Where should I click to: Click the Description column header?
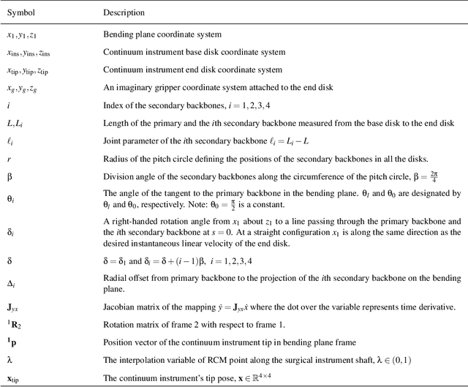coord(124,12)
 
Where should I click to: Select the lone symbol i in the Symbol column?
coord(9,105)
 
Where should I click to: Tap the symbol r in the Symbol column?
coord(9,158)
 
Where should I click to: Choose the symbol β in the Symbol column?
coord(10,176)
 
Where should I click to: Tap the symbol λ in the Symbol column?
coord(10,360)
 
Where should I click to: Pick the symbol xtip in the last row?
coord(15,378)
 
